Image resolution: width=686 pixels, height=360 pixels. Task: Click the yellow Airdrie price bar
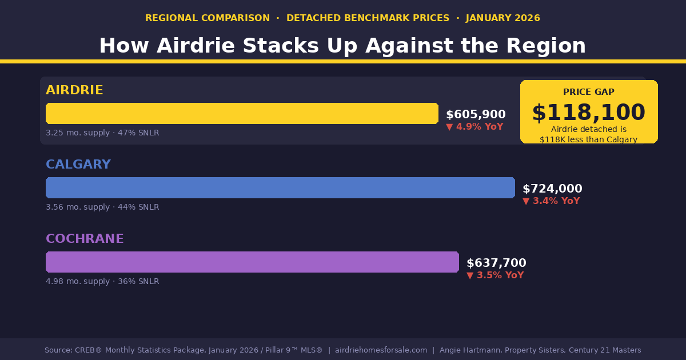[x=242, y=113]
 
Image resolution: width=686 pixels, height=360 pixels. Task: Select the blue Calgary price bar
[x=280, y=187]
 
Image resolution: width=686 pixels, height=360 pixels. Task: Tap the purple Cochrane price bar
[x=252, y=262]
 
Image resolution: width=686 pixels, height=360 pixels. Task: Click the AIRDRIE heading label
[x=74, y=90]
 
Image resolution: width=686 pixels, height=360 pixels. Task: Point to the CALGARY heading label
[x=78, y=165]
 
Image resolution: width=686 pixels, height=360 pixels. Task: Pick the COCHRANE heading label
[x=85, y=239]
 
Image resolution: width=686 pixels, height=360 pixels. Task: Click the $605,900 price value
[x=476, y=115]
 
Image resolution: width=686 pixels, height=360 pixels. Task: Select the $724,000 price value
[x=552, y=189]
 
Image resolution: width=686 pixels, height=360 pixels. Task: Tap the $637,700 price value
[x=496, y=263]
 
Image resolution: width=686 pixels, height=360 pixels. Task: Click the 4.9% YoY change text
[x=475, y=127]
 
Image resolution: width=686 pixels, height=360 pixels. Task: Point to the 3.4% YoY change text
[x=552, y=201]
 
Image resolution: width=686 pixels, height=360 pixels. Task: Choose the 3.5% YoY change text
[x=496, y=275]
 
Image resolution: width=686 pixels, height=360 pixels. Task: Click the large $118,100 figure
[x=588, y=113]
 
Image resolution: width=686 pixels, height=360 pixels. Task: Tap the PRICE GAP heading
[x=589, y=92]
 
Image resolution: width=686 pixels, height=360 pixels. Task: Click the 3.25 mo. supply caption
[x=102, y=133]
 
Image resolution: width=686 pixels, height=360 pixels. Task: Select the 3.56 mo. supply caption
[x=102, y=207]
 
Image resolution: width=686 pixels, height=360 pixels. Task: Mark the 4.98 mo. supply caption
[x=102, y=282]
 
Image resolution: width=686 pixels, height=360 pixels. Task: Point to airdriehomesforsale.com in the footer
[x=381, y=350]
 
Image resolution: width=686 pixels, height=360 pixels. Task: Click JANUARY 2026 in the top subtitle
[x=503, y=18]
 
